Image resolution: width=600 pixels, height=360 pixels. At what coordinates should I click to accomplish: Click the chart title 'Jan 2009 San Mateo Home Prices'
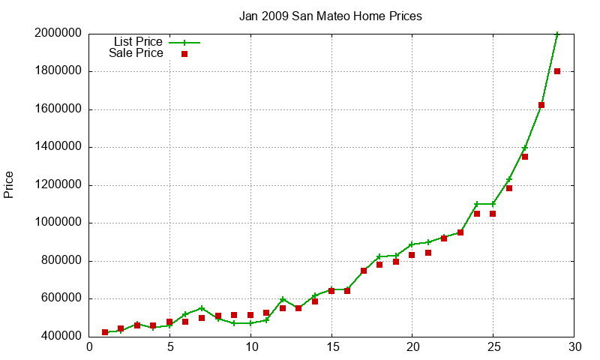(331, 16)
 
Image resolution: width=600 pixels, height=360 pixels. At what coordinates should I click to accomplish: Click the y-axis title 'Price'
(9, 184)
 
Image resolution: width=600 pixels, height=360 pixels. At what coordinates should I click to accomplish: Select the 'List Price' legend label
(137, 42)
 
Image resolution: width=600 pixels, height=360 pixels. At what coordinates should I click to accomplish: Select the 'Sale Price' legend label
(136, 53)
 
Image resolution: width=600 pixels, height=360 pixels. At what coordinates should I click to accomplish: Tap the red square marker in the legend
(184, 54)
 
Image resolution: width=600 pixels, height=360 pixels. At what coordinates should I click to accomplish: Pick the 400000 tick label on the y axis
(61, 336)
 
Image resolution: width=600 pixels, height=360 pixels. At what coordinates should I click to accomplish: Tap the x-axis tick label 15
(331, 347)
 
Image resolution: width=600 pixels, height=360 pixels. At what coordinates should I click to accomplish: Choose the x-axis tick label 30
(574, 347)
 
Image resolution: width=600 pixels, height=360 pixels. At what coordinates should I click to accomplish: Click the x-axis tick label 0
(89, 347)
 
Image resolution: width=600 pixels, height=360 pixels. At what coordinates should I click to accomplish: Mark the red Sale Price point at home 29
(557, 71)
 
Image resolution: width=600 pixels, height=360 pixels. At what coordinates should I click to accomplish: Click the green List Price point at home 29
(557, 34)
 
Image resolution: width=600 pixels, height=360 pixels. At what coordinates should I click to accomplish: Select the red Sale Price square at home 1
(105, 332)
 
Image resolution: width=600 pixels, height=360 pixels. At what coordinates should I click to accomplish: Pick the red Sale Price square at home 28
(541, 105)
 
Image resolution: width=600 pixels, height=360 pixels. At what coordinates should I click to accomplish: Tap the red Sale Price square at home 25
(493, 214)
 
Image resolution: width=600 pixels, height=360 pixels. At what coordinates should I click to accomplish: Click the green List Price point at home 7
(202, 308)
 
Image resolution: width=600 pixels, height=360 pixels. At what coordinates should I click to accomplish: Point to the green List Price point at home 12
(283, 299)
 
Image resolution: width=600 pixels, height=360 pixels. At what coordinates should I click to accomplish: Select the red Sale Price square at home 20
(412, 255)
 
